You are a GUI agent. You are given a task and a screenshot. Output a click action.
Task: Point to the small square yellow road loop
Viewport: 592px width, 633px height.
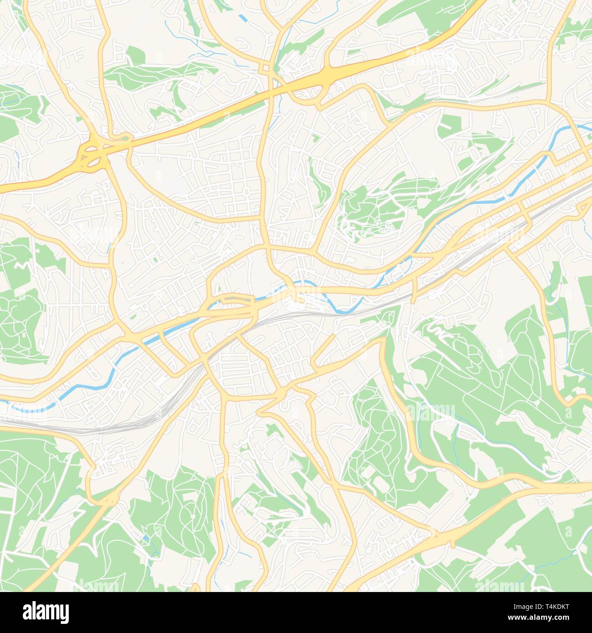click(264, 68)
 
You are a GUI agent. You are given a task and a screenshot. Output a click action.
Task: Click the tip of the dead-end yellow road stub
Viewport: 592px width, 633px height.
click(334, 336)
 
